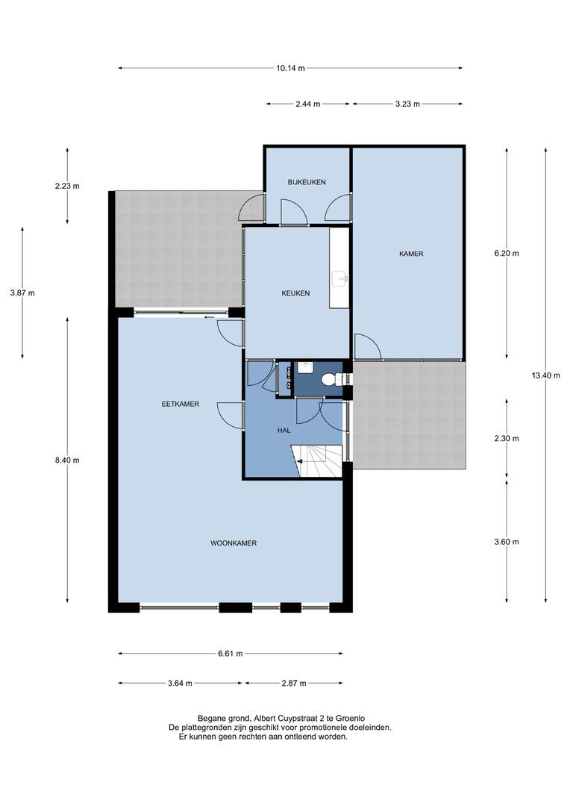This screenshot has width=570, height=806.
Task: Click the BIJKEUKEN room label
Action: click(x=307, y=182)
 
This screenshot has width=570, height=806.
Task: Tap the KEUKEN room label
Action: click(x=295, y=293)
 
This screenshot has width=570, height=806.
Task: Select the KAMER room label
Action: click(x=411, y=254)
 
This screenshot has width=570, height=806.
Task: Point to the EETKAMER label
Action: click(x=181, y=404)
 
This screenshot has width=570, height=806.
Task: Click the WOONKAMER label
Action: click(x=234, y=543)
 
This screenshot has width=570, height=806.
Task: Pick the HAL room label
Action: click(x=284, y=431)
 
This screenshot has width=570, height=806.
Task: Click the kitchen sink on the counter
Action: click(x=339, y=278)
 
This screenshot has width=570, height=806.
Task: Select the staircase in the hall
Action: click(x=317, y=461)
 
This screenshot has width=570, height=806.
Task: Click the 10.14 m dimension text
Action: click(x=290, y=68)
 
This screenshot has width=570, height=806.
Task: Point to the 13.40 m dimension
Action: click(x=546, y=375)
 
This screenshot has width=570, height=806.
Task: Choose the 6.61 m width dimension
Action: click(x=230, y=653)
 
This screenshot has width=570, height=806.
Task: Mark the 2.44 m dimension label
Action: click(x=308, y=104)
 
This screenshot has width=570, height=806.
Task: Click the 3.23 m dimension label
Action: click(x=407, y=104)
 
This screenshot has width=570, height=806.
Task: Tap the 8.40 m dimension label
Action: click(x=67, y=460)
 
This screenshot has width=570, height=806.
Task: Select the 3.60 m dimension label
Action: click(x=507, y=542)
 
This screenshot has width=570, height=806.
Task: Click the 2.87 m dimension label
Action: click(x=294, y=683)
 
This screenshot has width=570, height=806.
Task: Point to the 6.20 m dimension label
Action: click(x=507, y=253)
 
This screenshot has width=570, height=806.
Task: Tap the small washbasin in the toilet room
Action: click(x=306, y=367)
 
